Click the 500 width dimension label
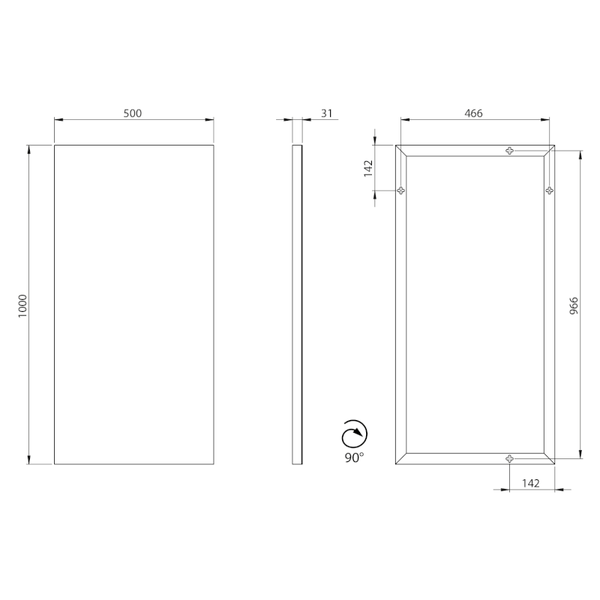[x=133, y=113]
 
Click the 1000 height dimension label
[x=22, y=306]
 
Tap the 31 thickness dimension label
[x=326, y=113]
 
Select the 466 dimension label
[x=473, y=113]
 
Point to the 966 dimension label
[x=574, y=306]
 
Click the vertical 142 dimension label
[x=367, y=168]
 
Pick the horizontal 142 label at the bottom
[x=531, y=483]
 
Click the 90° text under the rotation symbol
[x=354, y=457]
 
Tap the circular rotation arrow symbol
[x=354, y=434]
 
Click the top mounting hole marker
[x=509, y=151]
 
